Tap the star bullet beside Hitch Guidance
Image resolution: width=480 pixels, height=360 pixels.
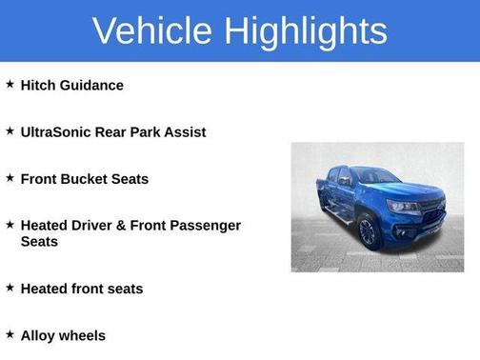coord(10,85)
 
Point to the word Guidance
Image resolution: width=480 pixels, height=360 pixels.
coord(91,86)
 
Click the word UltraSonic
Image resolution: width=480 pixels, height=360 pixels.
coord(61,132)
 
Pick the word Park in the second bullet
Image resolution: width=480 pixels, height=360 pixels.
coord(156,132)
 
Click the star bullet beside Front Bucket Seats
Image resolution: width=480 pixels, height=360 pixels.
coord(10,178)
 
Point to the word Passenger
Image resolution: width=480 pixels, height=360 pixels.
coord(207,226)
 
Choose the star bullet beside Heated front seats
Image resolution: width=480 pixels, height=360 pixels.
coord(10,288)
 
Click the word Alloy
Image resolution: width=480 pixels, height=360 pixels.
coord(38,335)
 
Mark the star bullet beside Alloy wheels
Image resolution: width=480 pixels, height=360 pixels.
coord(10,334)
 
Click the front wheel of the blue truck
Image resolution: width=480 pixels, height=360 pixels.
coord(370,231)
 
